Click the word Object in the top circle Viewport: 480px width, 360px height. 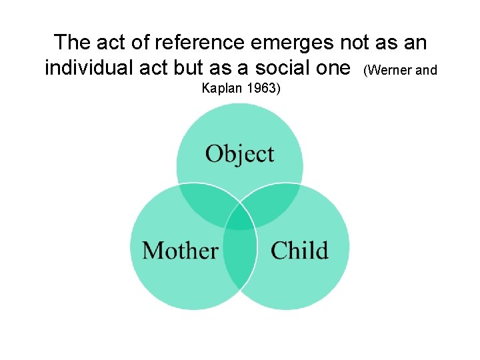[239, 154]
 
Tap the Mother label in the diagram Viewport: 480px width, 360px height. [180, 251]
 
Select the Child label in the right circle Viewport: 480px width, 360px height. [299, 251]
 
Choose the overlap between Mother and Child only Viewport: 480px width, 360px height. [239, 257]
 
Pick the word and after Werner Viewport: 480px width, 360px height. [427, 69]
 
